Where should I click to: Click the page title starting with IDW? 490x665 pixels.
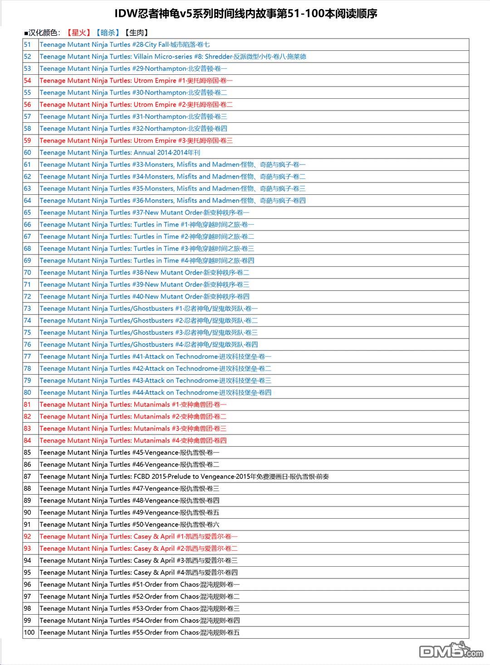pyautogui.click(x=245, y=14)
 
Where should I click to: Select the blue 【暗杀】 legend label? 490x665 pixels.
pyautogui.click(x=108, y=33)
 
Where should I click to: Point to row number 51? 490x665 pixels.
pyautogui.click(x=28, y=44)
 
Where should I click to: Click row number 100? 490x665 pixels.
pyautogui.click(x=29, y=632)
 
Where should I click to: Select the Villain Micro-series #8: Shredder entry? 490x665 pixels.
pyautogui.click(x=172, y=57)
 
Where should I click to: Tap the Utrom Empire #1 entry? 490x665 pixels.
pyautogui.click(x=136, y=81)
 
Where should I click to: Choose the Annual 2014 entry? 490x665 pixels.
pyautogui.click(x=119, y=153)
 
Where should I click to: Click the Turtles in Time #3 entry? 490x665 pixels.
pyautogui.click(x=147, y=249)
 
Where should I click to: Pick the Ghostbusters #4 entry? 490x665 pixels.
pyautogui.click(x=148, y=345)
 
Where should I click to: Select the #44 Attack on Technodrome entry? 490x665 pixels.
pyautogui.click(x=155, y=393)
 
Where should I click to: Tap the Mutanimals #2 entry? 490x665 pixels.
pyautogui.click(x=132, y=417)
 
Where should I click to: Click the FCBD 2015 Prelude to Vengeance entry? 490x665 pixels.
pyautogui.click(x=184, y=477)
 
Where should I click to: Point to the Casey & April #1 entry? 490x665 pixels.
pyautogui.click(x=138, y=537)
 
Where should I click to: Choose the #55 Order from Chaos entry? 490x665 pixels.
pyautogui.click(x=139, y=633)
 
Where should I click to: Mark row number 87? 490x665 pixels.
pyautogui.click(x=28, y=477)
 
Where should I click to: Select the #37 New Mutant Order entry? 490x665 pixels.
pyautogui.click(x=144, y=212)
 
